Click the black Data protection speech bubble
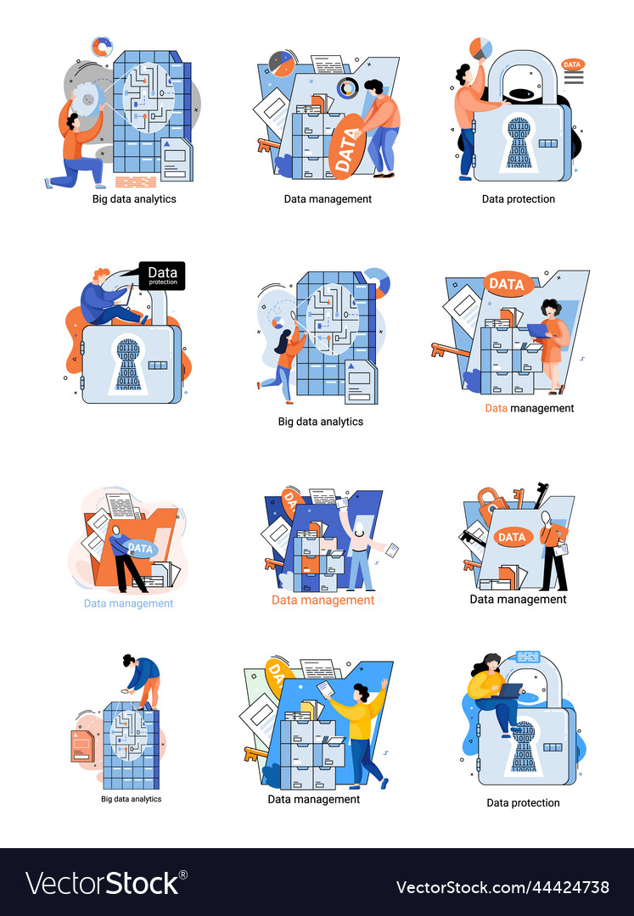click(161, 276)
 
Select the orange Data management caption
click(323, 600)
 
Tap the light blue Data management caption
click(128, 604)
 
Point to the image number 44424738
click(502, 887)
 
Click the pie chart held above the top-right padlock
click(481, 48)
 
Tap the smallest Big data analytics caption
click(131, 799)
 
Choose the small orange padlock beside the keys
click(491, 502)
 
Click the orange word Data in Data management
click(496, 408)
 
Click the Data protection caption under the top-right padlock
click(518, 199)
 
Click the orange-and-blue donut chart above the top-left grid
click(102, 47)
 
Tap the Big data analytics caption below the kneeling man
click(134, 199)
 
